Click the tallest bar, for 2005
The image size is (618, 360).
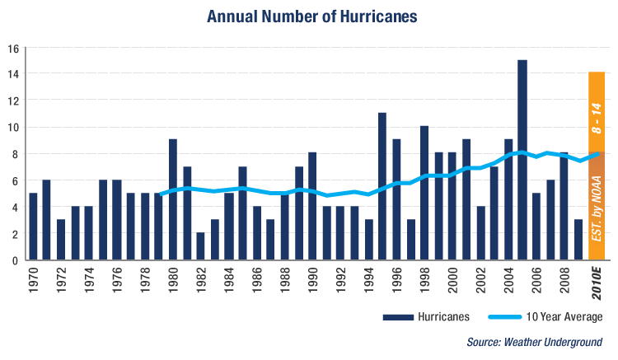pyautogui.click(x=522, y=161)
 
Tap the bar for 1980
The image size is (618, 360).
pyautogui.click(x=172, y=199)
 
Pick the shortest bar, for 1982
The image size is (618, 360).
pyautogui.click(x=200, y=246)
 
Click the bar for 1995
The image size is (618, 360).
pyautogui.click(x=382, y=186)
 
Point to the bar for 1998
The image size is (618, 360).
pyautogui.click(x=424, y=193)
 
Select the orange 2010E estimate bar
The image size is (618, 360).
pyautogui.click(x=597, y=165)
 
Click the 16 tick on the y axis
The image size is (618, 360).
pyautogui.click(x=13, y=48)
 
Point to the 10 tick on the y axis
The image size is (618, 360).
pyautogui.click(x=13, y=127)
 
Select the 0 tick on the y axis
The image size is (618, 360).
pyautogui.click(x=16, y=260)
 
